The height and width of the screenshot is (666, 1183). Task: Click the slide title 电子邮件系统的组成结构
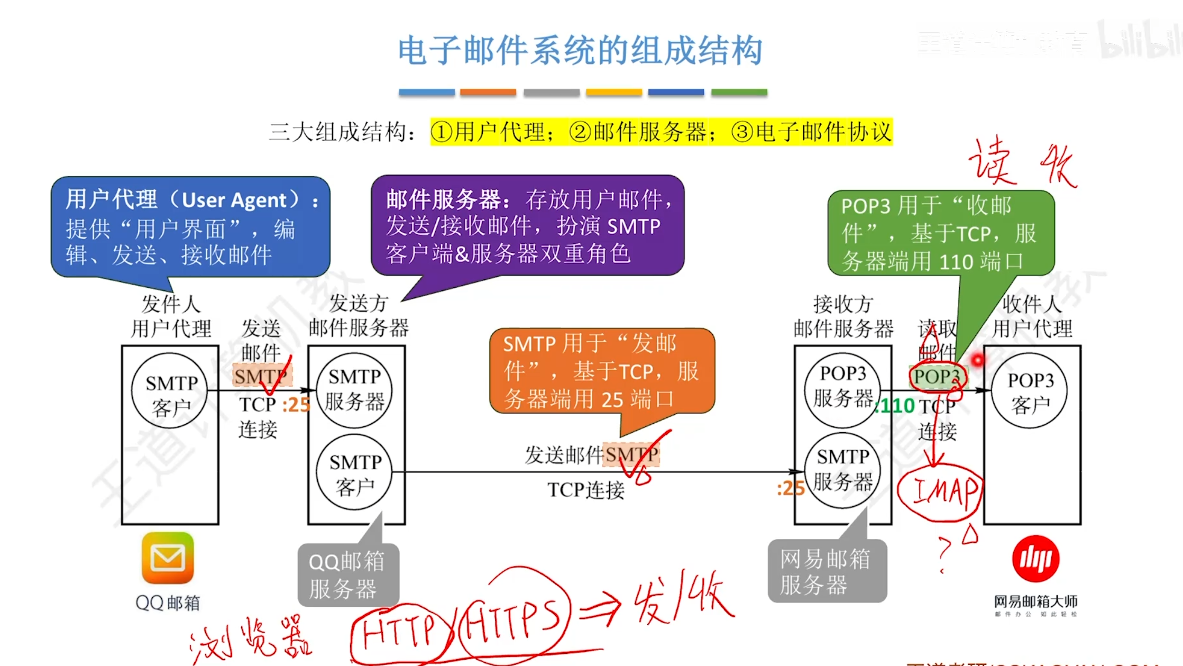point(580,51)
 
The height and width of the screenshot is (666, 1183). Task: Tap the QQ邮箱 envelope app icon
point(168,558)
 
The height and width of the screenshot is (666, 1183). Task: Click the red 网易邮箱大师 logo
point(1035,559)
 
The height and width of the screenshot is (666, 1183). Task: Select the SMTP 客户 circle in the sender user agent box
point(171,392)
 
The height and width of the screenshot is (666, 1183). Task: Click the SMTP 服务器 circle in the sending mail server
point(354,389)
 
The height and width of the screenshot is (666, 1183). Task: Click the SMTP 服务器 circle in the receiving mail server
point(842,470)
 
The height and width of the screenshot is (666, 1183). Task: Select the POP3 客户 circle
point(1030,392)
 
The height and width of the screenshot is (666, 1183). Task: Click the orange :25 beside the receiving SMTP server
point(790,488)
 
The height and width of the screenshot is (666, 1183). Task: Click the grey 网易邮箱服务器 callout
point(826,571)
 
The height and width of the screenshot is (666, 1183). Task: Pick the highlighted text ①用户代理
point(492,132)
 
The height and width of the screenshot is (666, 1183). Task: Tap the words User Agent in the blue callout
point(233,200)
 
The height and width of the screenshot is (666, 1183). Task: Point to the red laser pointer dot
point(977,360)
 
